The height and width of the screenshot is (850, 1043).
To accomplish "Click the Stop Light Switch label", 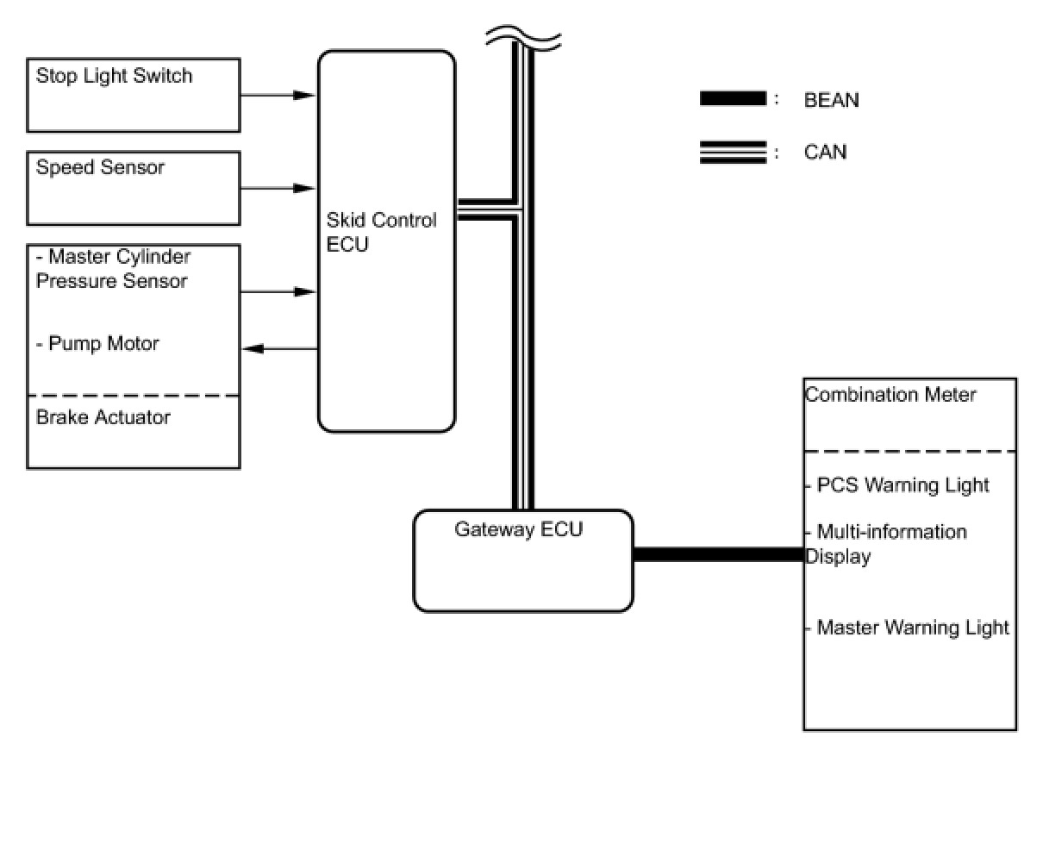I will click(114, 76).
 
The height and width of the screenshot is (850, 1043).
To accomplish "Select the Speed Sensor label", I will click(100, 167).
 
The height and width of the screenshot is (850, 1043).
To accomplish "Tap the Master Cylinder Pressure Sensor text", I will click(113, 269).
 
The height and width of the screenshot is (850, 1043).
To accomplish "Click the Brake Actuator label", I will click(103, 417).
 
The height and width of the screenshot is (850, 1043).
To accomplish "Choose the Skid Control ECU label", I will click(381, 233).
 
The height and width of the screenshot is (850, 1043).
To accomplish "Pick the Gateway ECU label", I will click(519, 529).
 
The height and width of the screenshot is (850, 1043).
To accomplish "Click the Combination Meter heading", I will click(890, 395).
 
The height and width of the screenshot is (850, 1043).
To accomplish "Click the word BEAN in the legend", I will click(831, 100).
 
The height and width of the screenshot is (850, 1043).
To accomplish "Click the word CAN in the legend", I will click(825, 153).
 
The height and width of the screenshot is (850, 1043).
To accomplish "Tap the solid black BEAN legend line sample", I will click(733, 99).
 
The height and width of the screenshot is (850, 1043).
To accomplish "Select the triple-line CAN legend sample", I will click(733, 153).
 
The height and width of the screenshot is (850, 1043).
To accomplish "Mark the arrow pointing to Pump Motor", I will click(279, 348).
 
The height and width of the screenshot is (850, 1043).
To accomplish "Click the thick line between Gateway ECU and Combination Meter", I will click(718, 554).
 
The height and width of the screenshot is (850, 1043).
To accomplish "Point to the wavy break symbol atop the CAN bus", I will click(523, 37).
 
